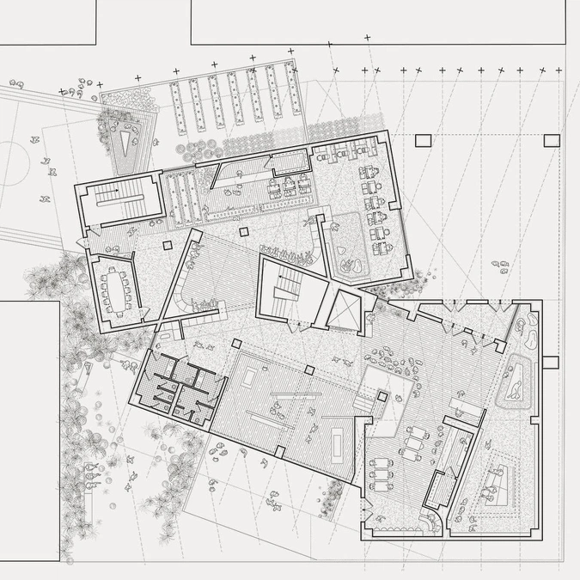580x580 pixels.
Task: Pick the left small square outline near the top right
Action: [424, 143]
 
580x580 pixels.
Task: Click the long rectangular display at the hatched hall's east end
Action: [341, 440]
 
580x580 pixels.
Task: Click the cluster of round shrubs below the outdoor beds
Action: [206, 146]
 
